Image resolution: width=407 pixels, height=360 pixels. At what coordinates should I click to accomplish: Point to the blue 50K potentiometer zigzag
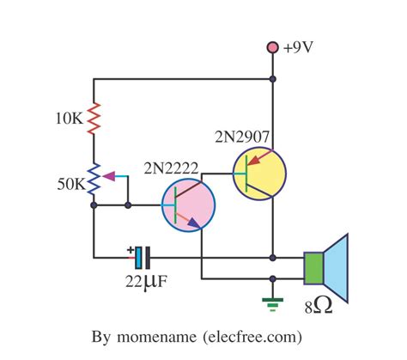(x=94, y=180)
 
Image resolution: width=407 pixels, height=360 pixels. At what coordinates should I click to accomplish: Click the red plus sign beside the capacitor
(x=130, y=250)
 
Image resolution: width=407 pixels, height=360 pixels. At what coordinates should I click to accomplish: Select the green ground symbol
(x=273, y=300)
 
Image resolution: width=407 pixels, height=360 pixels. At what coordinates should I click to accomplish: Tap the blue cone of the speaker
(x=337, y=267)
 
